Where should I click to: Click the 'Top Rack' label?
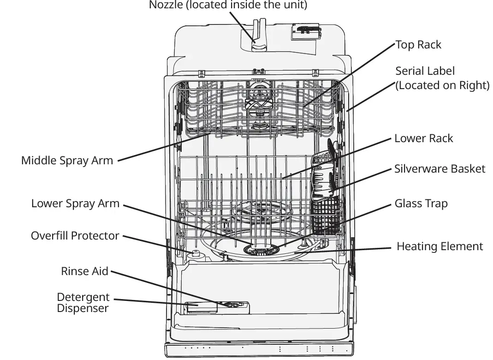point(418,45)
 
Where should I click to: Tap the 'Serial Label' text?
point(425,71)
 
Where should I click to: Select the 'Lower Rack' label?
point(423,138)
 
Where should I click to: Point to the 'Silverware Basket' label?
point(440,168)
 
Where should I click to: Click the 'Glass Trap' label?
point(421,204)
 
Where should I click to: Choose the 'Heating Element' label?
point(440,246)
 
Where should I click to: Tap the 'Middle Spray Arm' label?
point(67,161)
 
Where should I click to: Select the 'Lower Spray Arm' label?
point(75,204)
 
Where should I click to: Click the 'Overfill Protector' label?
point(75,236)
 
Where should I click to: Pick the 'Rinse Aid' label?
point(84,271)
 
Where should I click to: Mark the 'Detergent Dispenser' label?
point(83,303)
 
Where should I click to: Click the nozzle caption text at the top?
point(228,5)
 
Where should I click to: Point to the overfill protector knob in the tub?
point(195,253)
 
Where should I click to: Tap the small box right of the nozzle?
point(304,32)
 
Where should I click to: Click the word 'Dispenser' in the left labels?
point(83,308)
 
